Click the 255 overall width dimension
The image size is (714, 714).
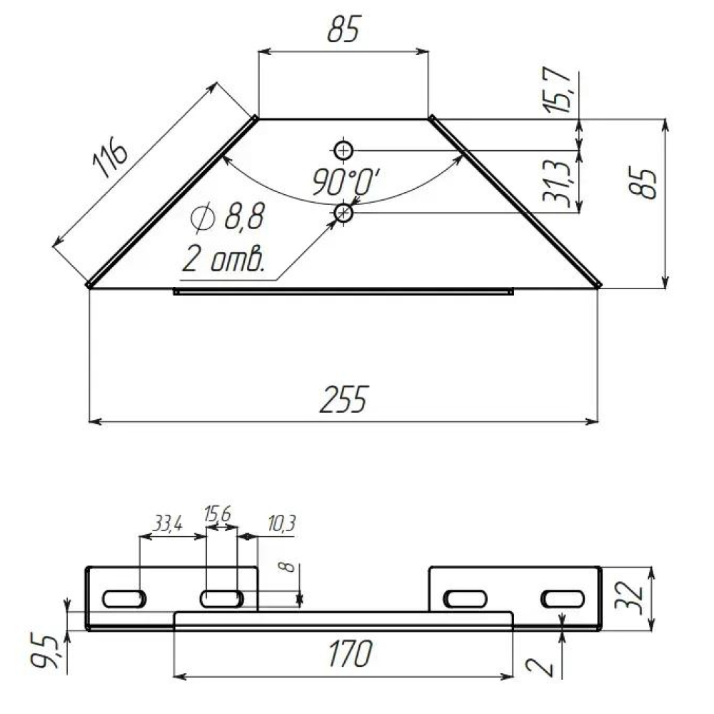pos(343,399)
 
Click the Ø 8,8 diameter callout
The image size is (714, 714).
pos(228,216)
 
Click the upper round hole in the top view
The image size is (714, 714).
pos(343,150)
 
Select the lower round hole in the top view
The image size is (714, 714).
pos(343,212)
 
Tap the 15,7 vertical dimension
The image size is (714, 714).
pos(556,90)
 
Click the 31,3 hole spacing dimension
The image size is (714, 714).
pos(556,183)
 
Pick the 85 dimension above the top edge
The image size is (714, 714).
pos(344,29)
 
